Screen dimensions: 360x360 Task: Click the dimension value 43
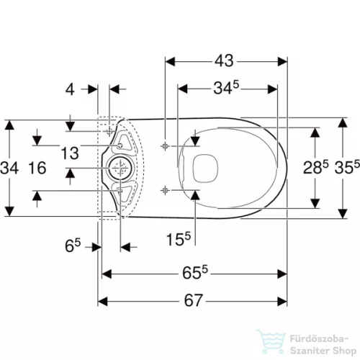click(x=224, y=61)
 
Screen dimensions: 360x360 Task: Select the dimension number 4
click(x=70, y=90)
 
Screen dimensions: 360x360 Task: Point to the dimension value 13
click(x=70, y=153)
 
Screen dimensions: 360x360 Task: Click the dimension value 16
click(x=37, y=168)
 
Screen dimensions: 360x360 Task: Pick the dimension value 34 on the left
click(x=9, y=168)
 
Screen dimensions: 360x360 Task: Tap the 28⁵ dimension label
click(x=315, y=167)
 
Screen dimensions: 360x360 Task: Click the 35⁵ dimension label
click(x=347, y=167)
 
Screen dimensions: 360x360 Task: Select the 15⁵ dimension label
click(x=179, y=239)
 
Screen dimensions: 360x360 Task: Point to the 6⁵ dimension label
click(x=73, y=246)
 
